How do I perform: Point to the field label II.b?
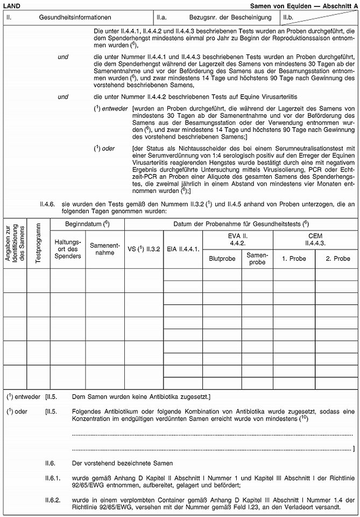tap(289, 17)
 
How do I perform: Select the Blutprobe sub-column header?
tap(222, 257)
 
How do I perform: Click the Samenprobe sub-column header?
tap(257, 257)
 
